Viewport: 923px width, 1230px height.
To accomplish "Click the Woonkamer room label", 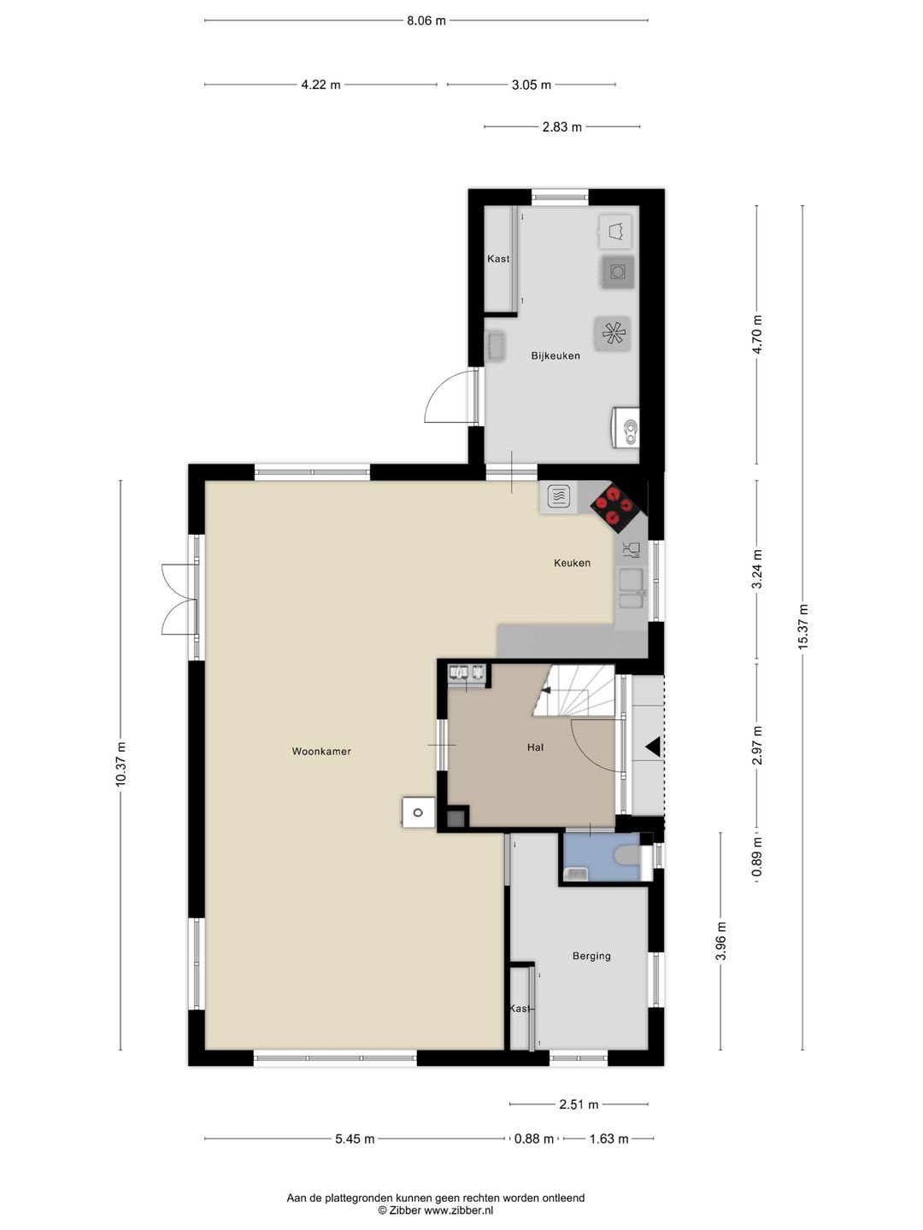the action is [x=321, y=752].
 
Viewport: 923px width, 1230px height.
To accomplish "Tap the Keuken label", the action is [x=573, y=563].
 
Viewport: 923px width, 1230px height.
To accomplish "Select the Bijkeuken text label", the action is [x=556, y=356].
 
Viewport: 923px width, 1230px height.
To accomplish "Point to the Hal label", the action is [x=535, y=747].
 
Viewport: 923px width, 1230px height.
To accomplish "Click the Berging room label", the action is [x=591, y=956].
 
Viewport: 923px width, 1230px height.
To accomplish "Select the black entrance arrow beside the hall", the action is [x=653, y=747].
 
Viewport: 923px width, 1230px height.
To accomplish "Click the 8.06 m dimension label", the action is [x=426, y=20].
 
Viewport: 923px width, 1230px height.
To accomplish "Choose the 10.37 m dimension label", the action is [x=121, y=764].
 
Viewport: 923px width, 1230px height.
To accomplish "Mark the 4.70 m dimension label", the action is [x=757, y=334].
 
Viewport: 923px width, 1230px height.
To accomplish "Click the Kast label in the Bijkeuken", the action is [x=498, y=258].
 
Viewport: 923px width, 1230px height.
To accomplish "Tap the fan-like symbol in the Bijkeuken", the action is [x=613, y=334].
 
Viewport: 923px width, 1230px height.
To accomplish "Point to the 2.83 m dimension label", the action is [x=561, y=127].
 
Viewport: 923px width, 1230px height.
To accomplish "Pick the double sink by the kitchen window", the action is [x=632, y=589].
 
